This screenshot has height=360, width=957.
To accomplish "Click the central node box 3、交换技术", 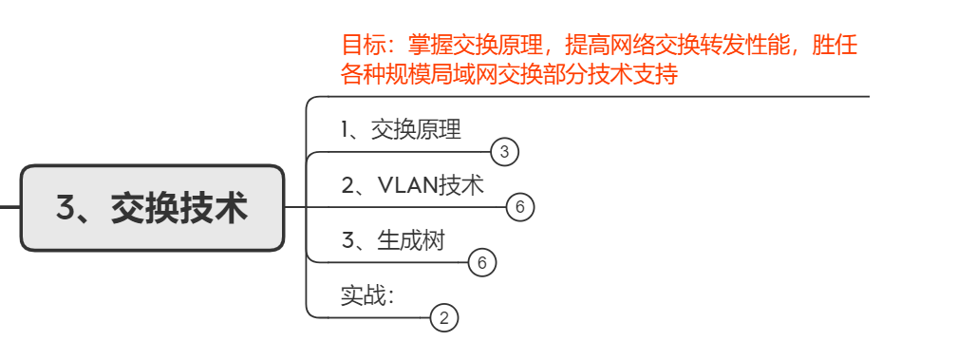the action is click(x=152, y=207).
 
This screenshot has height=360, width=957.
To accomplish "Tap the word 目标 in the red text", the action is click(x=356, y=45).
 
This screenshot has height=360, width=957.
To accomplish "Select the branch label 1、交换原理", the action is click(x=401, y=130).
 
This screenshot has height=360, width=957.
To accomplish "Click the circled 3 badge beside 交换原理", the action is click(x=505, y=151).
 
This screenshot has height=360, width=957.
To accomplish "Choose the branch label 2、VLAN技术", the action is click(x=412, y=185).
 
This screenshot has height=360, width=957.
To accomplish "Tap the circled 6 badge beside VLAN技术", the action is click(x=520, y=206).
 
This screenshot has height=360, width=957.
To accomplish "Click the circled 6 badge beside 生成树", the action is click(x=482, y=262).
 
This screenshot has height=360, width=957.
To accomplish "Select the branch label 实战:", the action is click(x=367, y=295).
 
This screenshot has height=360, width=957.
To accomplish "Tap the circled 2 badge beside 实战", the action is click(x=444, y=317).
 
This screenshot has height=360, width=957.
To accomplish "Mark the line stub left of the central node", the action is click(x=9, y=206).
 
